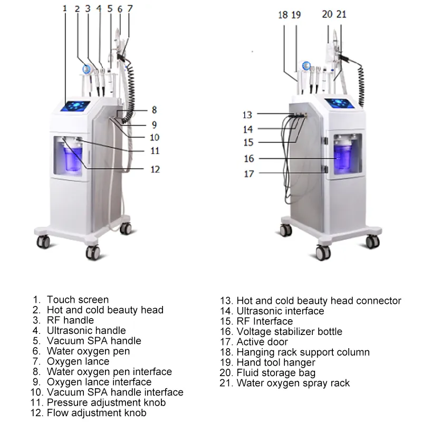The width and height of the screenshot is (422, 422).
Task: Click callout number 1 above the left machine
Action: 64,9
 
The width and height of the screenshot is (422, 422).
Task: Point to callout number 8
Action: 154,110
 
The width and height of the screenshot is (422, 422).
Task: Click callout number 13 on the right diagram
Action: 248,115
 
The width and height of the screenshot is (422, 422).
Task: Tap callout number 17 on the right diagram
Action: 248,174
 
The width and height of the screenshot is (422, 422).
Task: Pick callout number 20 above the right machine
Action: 328,14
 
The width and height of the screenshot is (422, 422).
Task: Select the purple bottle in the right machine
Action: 343,156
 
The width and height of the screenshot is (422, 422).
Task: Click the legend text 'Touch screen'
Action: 78,300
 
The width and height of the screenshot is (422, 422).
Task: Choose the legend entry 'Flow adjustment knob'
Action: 97,413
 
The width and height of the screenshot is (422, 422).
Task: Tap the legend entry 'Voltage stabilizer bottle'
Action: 289,332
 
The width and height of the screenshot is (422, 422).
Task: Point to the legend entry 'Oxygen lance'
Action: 78,362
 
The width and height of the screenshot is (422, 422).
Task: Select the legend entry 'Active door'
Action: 262,342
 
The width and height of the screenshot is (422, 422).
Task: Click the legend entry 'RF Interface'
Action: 264,321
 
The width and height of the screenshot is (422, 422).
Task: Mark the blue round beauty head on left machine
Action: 85,69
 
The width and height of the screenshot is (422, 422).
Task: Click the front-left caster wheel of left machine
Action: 43,242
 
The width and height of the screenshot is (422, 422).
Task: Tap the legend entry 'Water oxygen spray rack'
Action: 293,383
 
